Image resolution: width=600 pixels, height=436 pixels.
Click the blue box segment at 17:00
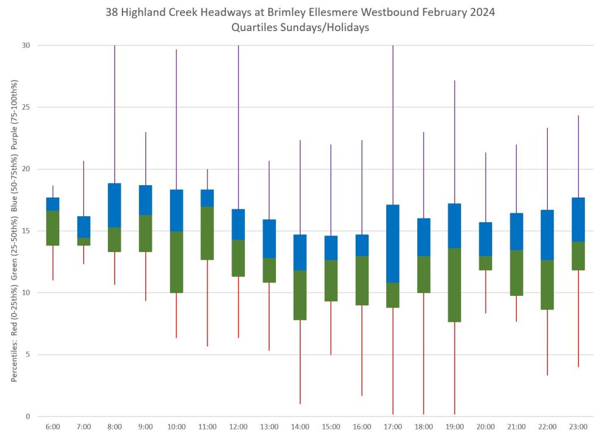[393, 243]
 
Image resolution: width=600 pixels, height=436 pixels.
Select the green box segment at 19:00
[454, 285]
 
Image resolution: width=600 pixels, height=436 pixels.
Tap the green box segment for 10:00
[176, 262]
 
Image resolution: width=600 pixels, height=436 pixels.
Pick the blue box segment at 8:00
[114, 205]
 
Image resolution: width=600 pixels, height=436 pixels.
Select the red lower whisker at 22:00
[547, 342]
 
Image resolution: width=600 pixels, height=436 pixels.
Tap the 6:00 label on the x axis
[53, 427]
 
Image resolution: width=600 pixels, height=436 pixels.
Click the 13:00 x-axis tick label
[269, 427]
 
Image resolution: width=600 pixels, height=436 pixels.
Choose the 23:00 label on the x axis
[578, 427]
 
